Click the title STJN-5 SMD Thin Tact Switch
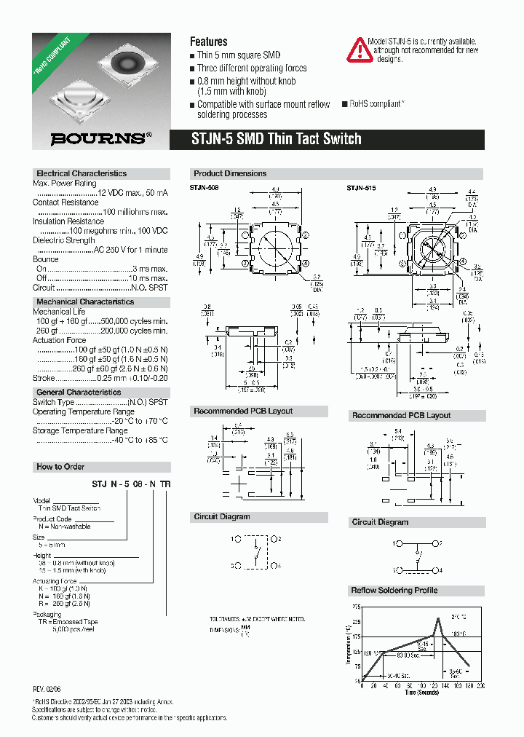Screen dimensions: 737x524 [x=277, y=139]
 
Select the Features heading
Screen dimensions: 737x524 [x=208, y=42]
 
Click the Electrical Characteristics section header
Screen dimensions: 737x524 [x=82, y=173]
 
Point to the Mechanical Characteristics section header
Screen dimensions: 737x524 [x=85, y=301]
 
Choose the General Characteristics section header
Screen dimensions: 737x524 [x=79, y=392]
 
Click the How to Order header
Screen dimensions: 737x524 [x=60, y=467]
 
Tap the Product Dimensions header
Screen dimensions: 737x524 [x=230, y=173]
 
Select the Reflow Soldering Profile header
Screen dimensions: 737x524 [x=394, y=590]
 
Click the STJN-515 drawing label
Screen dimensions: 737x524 [x=361, y=188]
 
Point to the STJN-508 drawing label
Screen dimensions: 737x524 [x=204, y=188]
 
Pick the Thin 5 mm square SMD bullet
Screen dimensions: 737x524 [x=238, y=55]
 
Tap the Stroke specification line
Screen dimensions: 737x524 [x=100, y=378]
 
